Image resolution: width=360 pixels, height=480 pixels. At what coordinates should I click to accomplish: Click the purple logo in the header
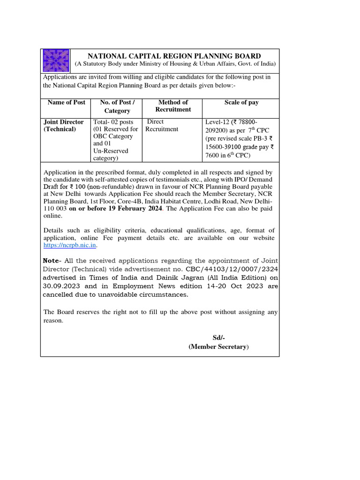point(56,60)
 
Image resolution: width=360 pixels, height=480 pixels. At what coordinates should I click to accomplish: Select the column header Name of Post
point(67,102)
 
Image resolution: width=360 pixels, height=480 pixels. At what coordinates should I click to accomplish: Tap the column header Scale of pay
point(241,102)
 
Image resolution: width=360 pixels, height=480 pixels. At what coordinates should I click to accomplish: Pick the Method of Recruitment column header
point(173,106)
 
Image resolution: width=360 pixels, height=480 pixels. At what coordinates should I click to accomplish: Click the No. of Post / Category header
point(117,106)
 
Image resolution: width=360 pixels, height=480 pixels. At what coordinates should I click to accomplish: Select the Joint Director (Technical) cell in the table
point(63,125)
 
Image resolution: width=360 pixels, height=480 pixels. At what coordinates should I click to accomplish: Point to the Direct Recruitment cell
point(162,125)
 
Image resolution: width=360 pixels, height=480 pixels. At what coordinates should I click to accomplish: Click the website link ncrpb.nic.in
point(69,245)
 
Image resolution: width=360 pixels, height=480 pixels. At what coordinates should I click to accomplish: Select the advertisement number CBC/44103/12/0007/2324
point(219,269)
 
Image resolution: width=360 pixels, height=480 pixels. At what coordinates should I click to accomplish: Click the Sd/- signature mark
point(218,338)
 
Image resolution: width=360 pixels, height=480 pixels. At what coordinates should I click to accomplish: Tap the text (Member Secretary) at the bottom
point(218,347)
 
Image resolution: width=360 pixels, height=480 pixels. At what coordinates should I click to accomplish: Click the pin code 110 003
point(55,209)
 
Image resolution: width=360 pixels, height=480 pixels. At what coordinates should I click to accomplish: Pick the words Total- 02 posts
point(113,122)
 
